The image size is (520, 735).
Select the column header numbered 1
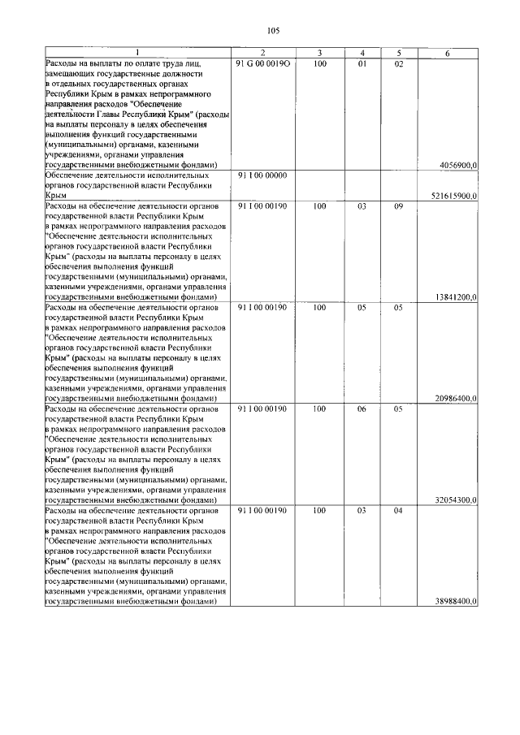coord(137,53)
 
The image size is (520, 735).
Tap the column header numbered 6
coord(448,53)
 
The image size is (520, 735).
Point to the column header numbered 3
coord(319,53)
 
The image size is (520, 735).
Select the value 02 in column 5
coord(398,63)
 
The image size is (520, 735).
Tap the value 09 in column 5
coord(398,206)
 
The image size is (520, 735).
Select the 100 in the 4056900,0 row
coord(319,63)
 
